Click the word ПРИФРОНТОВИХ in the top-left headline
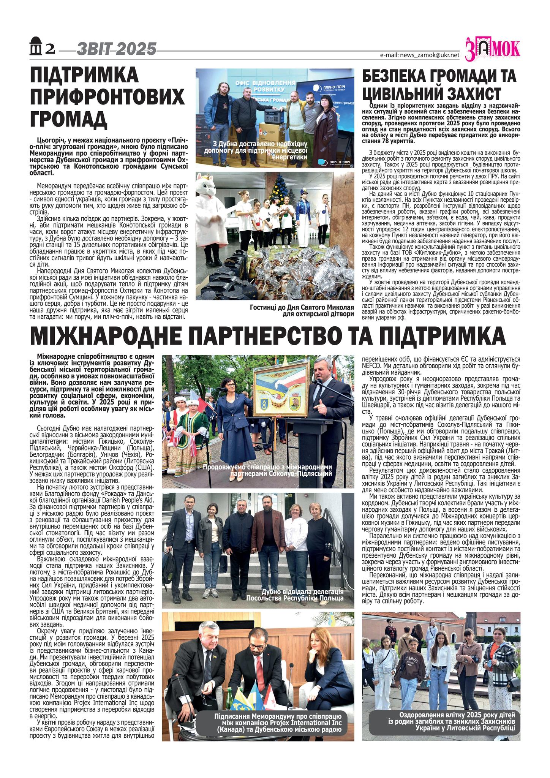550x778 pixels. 107,97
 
